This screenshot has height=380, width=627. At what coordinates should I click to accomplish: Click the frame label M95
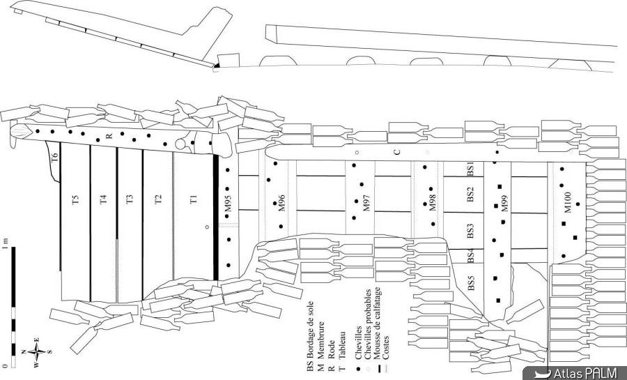[x=227, y=204]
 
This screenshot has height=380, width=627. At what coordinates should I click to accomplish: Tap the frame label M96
[x=281, y=203]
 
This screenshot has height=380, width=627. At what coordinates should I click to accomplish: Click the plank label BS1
[x=470, y=168]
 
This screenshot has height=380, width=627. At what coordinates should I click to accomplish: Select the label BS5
[x=470, y=283]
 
